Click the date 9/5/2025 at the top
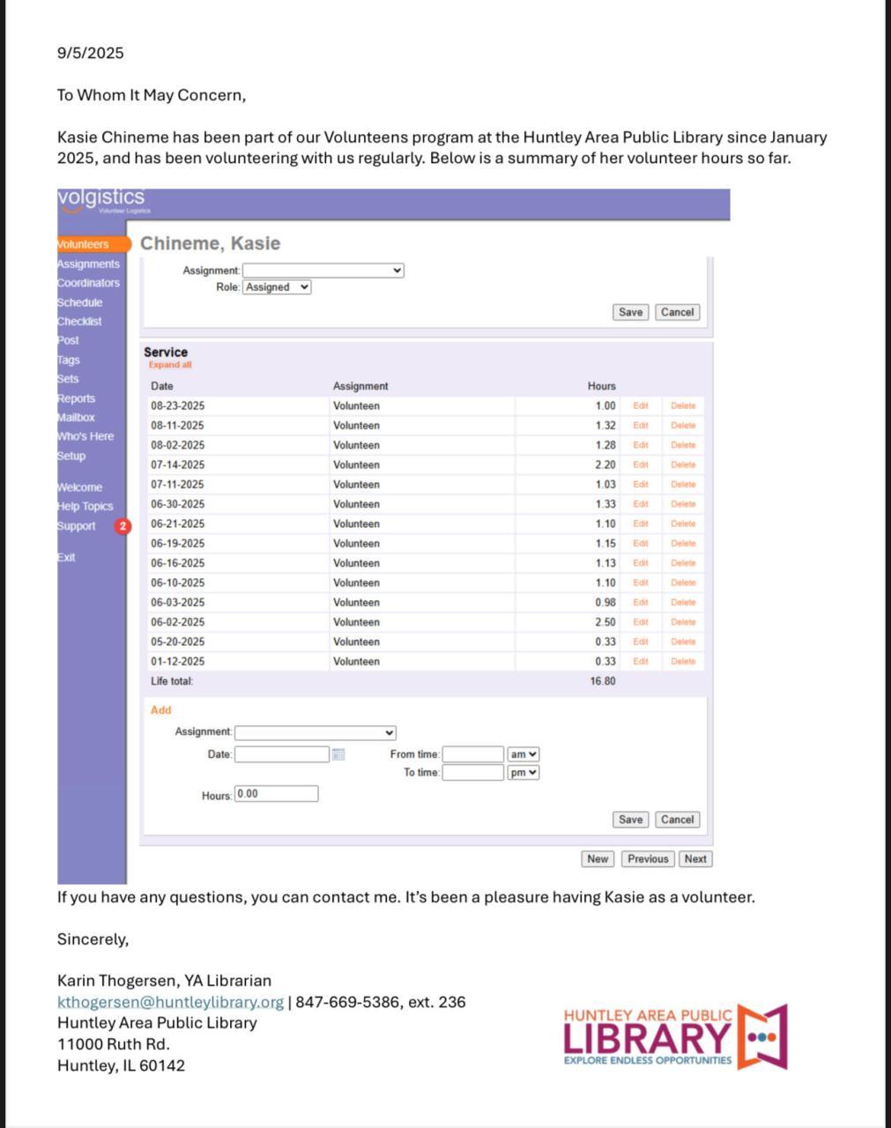click(x=91, y=53)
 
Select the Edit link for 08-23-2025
click(x=641, y=406)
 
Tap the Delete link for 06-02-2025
click(x=683, y=622)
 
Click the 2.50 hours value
click(x=605, y=622)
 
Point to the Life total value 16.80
click(x=603, y=681)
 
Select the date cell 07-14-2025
click(x=177, y=465)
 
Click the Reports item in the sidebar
click(x=77, y=398)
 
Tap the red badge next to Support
click(x=123, y=526)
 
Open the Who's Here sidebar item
click(x=85, y=436)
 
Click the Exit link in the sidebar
click(x=67, y=557)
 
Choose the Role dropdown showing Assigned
click(x=277, y=287)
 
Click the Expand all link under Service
click(x=170, y=365)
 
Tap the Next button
click(x=695, y=859)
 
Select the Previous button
click(x=648, y=859)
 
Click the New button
click(x=598, y=859)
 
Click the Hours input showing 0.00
click(x=276, y=794)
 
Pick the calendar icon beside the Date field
click(x=338, y=754)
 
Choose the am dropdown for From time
click(x=523, y=754)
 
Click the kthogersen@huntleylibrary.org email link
click(x=170, y=1002)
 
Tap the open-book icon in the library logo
click(x=761, y=1036)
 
